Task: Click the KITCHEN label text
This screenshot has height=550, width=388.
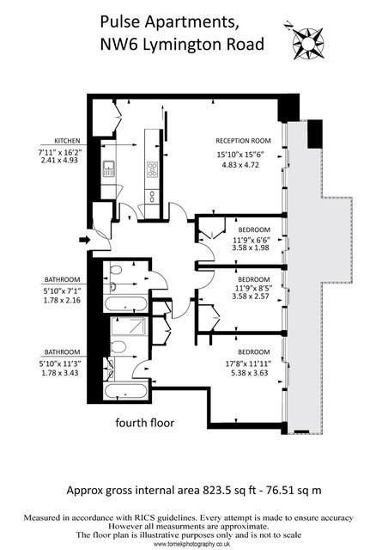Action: pyautogui.click(x=67, y=139)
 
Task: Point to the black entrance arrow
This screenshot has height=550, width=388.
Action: pyautogui.click(x=82, y=239)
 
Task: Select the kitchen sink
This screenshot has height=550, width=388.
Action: pyautogui.click(x=111, y=168)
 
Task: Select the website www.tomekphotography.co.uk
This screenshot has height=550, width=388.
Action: pyautogui.click(x=194, y=544)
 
